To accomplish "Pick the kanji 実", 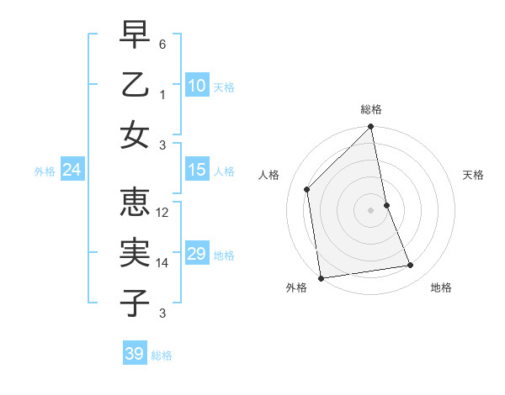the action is (x=135, y=253).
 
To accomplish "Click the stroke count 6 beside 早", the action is (x=163, y=43).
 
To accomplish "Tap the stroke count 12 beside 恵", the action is (x=163, y=213).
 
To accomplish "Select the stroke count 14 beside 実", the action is (x=163, y=263).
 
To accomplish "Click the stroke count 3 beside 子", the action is (x=163, y=313).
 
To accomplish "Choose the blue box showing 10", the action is (x=196, y=86).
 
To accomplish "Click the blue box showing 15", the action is (x=196, y=170).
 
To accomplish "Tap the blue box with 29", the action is (x=196, y=255).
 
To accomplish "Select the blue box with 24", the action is (x=72, y=171).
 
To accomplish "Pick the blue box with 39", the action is (x=135, y=354).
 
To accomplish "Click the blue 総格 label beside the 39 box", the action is (x=162, y=355).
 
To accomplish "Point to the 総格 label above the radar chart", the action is (x=371, y=110).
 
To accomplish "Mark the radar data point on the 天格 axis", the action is (x=386, y=205).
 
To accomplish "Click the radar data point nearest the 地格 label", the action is (x=411, y=266).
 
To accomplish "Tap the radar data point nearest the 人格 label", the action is (x=307, y=189).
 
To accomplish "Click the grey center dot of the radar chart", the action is (x=371, y=210).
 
